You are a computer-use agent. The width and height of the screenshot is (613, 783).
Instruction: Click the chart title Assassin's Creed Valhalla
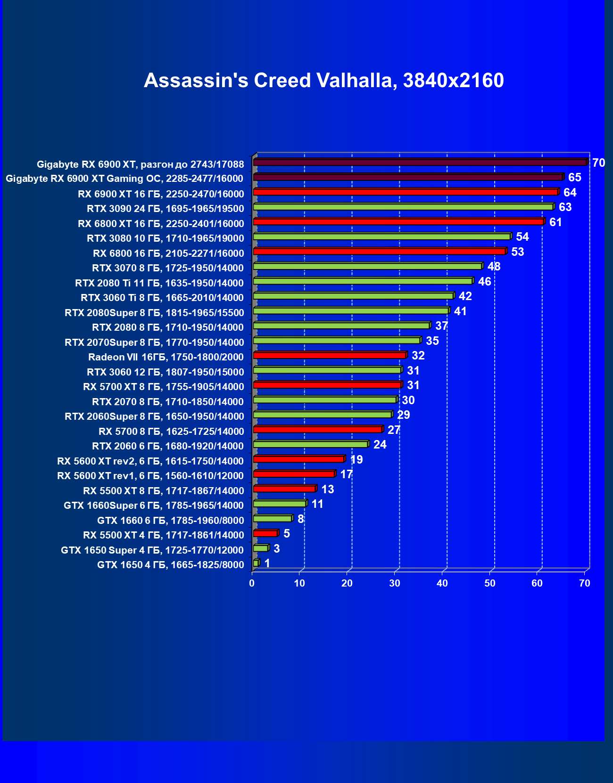pyautogui.click(x=323, y=81)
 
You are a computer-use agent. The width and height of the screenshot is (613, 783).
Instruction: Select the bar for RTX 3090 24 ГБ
pyautogui.click(x=403, y=207)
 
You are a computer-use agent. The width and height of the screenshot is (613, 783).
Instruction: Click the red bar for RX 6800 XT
pyautogui.click(x=398, y=222)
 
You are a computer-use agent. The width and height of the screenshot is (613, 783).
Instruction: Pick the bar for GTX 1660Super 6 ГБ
pyautogui.click(x=280, y=504)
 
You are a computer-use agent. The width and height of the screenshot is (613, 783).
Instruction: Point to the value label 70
pyautogui.click(x=598, y=163)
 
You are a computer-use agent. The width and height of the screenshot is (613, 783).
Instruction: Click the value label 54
pyautogui.click(x=522, y=237)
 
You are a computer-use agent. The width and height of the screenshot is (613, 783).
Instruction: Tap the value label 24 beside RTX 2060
pyautogui.click(x=380, y=445)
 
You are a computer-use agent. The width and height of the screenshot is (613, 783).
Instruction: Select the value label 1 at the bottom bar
pyautogui.click(x=267, y=563)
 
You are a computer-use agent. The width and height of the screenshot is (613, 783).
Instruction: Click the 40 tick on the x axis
pyautogui.click(x=442, y=583)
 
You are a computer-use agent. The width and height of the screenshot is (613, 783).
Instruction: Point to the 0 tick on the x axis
pyautogui.click(x=252, y=583)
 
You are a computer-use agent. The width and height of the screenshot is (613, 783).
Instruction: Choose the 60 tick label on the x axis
pyautogui.click(x=537, y=583)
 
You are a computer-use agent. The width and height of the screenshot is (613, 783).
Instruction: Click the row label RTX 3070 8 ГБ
pyautogui.click(x=168, y=268)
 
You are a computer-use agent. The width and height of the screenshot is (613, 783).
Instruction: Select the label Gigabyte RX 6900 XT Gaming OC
pyautogui.click(x=124, y=179)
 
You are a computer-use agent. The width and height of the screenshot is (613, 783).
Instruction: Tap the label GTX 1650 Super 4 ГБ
pyautogui.click(x=152, y=550)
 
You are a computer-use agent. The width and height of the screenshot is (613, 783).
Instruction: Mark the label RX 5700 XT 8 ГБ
pyautogui.click(x=164, y=387)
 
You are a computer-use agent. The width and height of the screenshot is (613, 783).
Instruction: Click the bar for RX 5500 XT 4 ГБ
pyautogui.click(x=265, y=534)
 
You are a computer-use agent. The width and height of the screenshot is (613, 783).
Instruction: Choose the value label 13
pyautogui.click(x=327, y=489)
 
